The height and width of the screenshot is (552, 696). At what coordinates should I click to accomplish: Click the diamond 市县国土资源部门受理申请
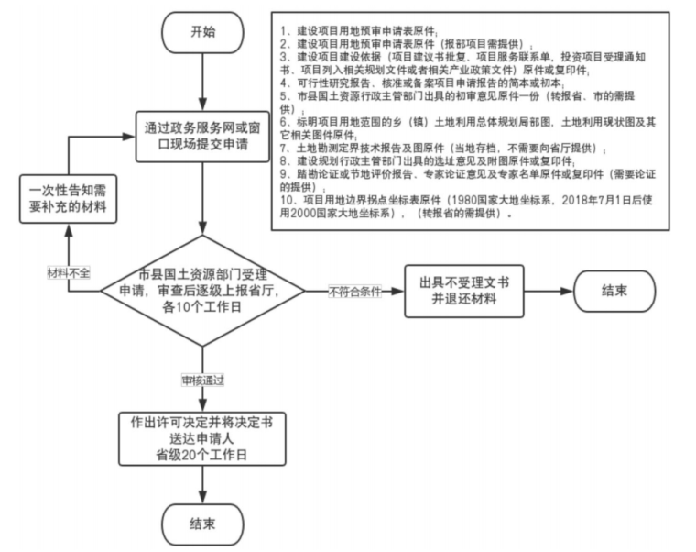[x=202, y=291]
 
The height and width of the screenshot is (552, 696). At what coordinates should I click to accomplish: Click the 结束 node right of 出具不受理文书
[x=614, y=291]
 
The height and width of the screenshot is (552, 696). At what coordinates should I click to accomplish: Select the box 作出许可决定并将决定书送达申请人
[x=202, y=439]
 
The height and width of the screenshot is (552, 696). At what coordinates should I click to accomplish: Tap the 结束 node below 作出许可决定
[x=202, y=524]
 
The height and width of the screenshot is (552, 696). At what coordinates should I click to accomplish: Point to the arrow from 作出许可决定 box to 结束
[x=202, y=483]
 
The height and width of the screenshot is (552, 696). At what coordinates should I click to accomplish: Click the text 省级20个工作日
[x=202, y=453]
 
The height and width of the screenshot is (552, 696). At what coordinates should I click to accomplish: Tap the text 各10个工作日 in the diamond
[x=202, y=309]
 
